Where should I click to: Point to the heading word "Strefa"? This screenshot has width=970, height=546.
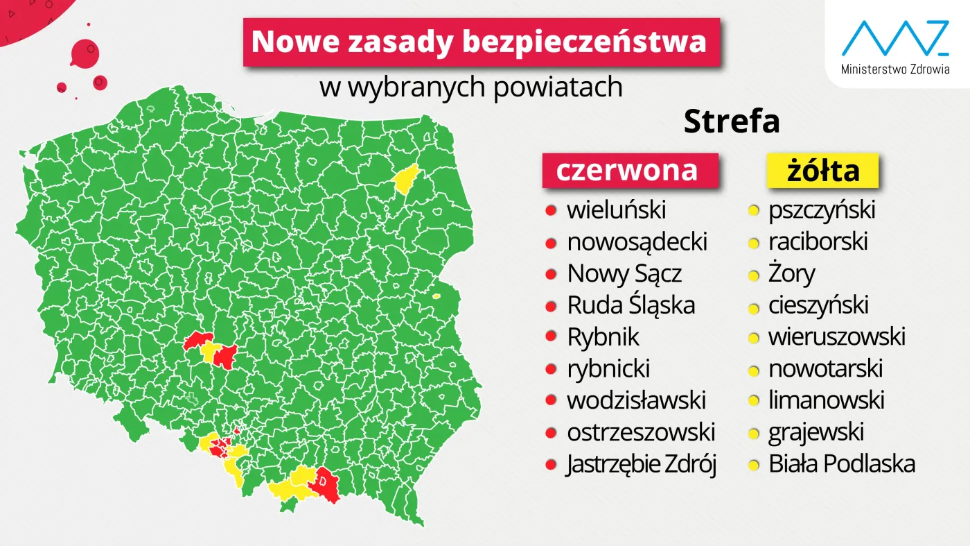[x=732, y=122]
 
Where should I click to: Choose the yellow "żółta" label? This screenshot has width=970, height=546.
[x=822, y=171]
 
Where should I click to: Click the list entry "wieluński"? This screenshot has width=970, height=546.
[x=616, y=210]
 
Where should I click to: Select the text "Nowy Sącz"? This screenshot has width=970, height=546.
[x=624, y=273]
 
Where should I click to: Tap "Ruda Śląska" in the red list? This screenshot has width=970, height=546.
[x=630, y=305]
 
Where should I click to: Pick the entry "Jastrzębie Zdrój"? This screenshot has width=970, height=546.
[x=641, y=464]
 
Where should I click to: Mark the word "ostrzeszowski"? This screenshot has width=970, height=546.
[x=641, y=432]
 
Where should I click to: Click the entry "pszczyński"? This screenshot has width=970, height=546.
[x=822, y=210]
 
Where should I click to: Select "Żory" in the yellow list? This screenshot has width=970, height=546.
[x=792, y=273]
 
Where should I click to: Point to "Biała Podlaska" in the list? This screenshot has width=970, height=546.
[x=842, y=464]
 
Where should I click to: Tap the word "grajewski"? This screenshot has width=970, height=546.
[x=816, y=432]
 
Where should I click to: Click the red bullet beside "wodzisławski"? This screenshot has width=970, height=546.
[x=552, y=401]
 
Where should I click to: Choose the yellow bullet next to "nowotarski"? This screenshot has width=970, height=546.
[x=753, y=369]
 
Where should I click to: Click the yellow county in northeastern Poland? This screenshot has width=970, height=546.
[x=405, y=179]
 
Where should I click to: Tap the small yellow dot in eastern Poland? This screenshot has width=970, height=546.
[x=436, y=296]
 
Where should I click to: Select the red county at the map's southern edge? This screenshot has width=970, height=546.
[x=325, y=484]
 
